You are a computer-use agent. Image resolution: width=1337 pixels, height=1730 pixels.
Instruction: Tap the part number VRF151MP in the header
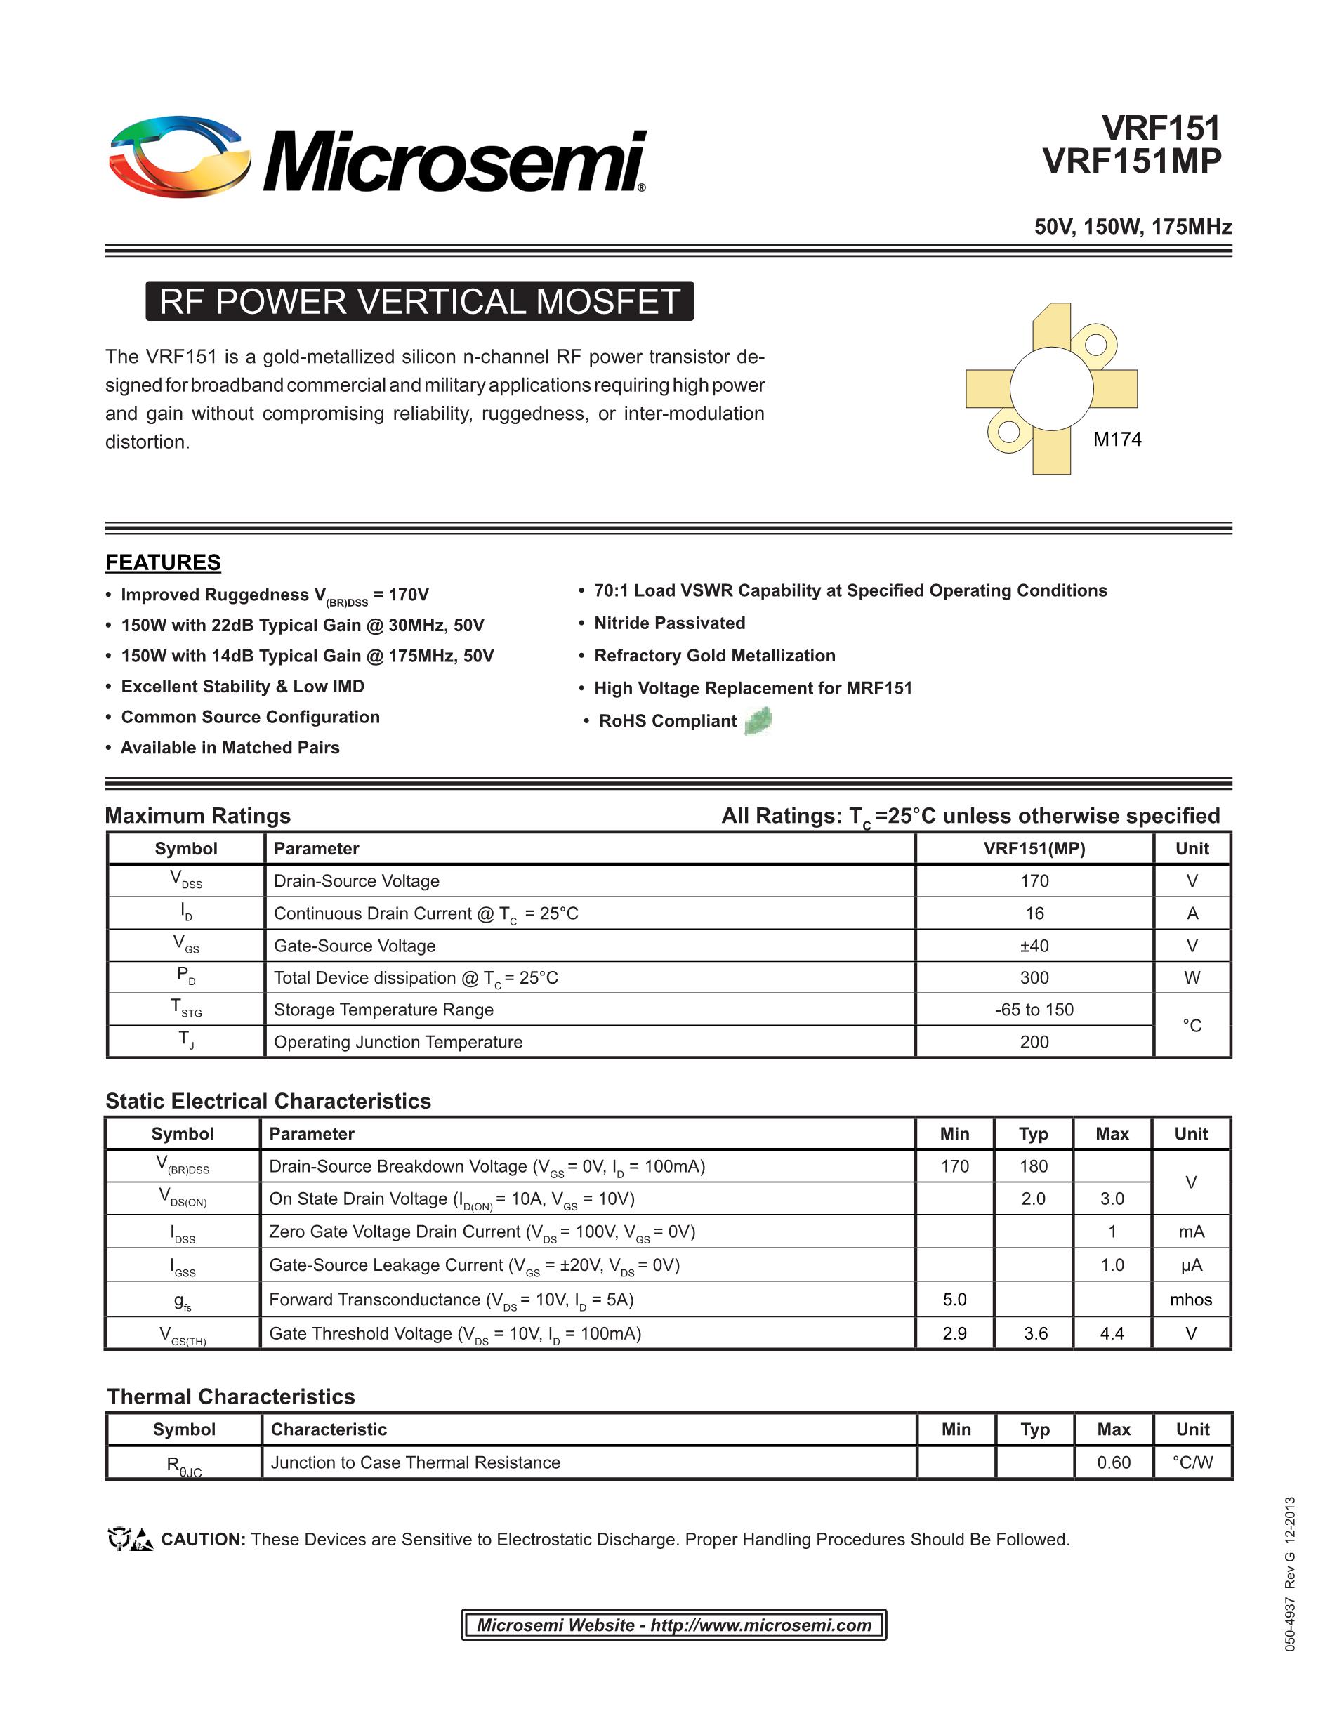pos(1132,161)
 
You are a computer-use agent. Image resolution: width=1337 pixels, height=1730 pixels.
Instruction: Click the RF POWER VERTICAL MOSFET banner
pos(419,302)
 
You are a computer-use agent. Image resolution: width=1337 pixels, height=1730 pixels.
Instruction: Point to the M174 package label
pos(1117,440)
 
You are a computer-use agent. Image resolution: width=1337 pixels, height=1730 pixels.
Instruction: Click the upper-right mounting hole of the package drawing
pos(1095,345)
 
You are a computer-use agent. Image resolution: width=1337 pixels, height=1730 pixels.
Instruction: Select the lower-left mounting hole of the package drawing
pos(1008,432)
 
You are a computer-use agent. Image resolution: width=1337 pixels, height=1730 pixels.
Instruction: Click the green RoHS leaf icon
pos(758,720)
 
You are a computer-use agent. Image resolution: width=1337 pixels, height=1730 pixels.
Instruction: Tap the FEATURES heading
pos(163,562)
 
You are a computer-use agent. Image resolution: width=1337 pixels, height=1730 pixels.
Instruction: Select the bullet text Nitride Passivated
pos(669,623)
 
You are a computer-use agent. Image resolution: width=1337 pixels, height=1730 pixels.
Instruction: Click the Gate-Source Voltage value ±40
pos(1034,946)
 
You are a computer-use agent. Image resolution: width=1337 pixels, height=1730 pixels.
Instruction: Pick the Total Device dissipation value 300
pos(1034,978)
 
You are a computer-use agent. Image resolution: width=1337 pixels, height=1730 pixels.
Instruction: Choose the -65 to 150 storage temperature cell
pos(1034,1010)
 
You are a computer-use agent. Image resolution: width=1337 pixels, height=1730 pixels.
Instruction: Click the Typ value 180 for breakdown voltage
pos(1033,1166)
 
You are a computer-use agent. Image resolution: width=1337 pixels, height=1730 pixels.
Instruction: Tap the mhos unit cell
pos(1190,1299)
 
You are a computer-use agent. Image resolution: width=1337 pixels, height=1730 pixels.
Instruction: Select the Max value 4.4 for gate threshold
pos(1112,1333)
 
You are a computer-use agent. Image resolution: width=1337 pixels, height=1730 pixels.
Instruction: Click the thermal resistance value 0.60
pos(1113,1462)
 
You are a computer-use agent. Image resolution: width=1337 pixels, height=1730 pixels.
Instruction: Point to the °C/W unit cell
pos(1192,1462)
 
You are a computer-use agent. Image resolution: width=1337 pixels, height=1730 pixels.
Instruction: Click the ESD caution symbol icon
pos(130,1539)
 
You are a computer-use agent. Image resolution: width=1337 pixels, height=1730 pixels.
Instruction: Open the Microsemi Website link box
pos(673,1625)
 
